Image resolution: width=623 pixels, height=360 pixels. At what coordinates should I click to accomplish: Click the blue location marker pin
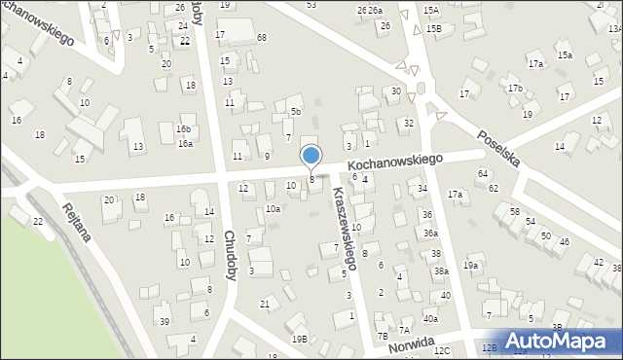click(x=311, y=157)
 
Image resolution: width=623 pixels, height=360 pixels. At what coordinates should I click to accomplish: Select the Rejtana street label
click(x=82, y=227)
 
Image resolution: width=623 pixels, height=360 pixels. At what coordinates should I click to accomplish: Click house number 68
click(x=262, y=37)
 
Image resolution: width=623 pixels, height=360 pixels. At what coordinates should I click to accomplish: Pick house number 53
click(x=311, y=5)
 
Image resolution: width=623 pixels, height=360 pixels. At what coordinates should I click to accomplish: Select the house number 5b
click(x=295, y=112)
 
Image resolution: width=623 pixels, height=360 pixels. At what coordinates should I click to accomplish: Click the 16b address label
click(x=183, y=129)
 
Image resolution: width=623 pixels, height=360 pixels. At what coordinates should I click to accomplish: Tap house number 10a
click(x=274, y=208)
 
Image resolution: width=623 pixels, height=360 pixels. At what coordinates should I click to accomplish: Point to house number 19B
click(x=299, y=339)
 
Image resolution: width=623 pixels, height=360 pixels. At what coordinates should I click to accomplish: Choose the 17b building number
click(x=515, y=89)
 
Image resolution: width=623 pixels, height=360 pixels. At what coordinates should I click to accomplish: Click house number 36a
click(x=429, y=234)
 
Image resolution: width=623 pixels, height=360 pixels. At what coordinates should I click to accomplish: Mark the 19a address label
click(x=471, y=265)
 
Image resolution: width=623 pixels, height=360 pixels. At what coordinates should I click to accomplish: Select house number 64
click(x=483, y=173)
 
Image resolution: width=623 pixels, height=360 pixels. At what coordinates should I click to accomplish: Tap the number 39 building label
click(x=164, y=321)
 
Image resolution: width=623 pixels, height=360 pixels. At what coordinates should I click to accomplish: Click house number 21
click(x=265, y=305)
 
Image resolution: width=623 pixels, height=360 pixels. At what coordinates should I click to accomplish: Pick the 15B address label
click(x=433, y=29)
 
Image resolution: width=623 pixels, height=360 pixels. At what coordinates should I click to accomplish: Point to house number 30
click(x=395, y=90)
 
